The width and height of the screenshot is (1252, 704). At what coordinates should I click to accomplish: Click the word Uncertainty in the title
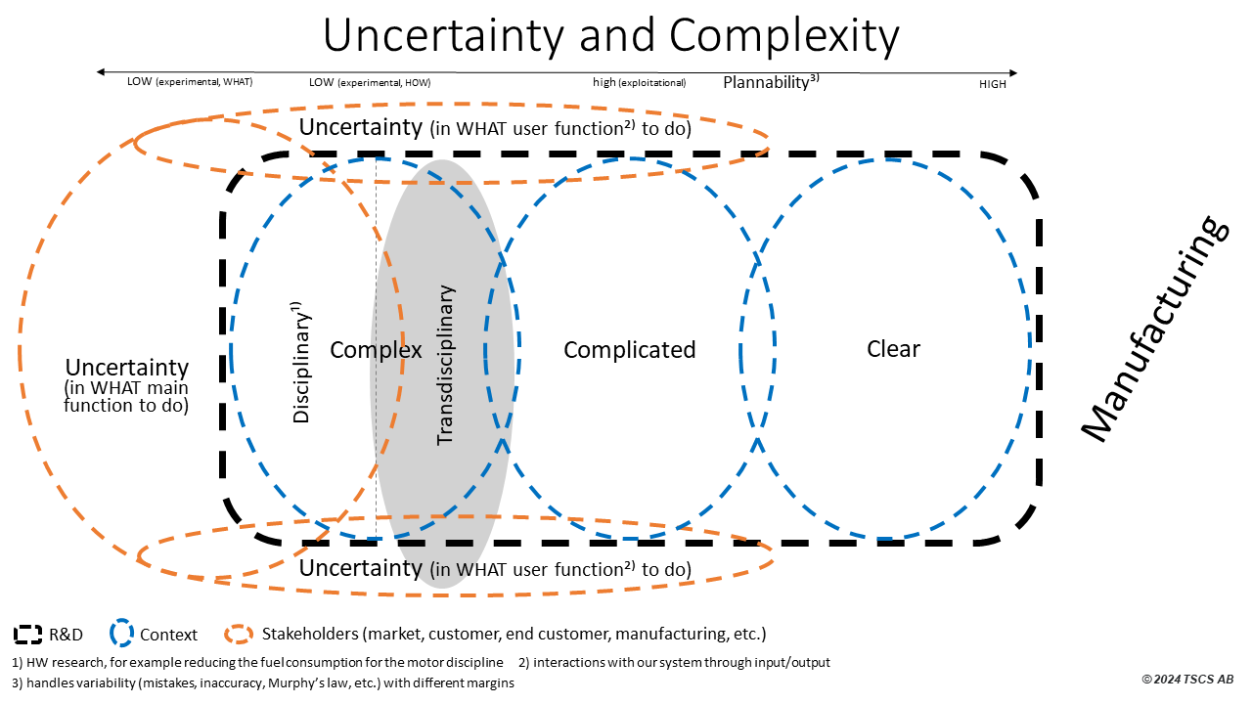(445, 36)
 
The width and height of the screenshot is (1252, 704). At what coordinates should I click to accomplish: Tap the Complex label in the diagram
(376, 350)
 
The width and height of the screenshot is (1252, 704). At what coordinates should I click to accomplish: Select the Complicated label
(629, 350)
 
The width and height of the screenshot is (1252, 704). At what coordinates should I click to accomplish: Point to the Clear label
(893, 349)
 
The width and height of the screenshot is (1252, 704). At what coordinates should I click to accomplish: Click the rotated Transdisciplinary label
(446, 365)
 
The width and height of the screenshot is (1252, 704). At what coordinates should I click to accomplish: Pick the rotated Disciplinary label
(302, 362)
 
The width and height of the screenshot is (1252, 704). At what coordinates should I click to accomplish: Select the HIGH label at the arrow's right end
(992, 84)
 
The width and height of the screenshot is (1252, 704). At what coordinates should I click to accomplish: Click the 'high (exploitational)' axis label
(639, 83)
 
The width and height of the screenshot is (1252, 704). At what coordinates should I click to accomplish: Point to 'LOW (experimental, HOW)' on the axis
(370, 83)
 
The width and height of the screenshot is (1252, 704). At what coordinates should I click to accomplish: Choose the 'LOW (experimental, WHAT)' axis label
(190, 82)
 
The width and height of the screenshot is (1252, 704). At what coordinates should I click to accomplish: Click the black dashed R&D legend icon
(28, 635)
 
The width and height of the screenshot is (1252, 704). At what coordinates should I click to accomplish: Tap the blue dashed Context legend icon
(122, 635)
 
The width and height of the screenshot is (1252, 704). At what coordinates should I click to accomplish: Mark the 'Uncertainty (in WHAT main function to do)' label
(126, 383)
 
